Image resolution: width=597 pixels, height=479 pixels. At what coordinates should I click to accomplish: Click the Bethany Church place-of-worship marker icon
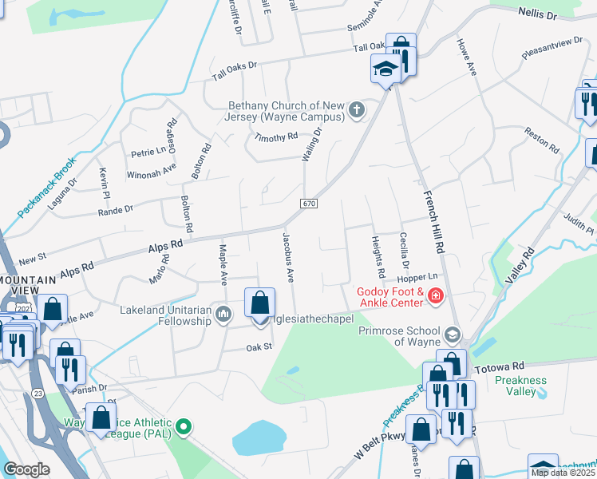click(x=356, y=111)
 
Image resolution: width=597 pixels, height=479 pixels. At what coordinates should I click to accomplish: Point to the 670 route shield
click(x=310, y=205)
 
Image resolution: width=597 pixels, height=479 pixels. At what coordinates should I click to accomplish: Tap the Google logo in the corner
click(x=27, y=469)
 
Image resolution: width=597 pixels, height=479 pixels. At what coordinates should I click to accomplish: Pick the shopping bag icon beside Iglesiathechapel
click(x=259, y=304)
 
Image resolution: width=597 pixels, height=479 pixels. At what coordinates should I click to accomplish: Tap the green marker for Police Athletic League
click(x=184, y=427)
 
